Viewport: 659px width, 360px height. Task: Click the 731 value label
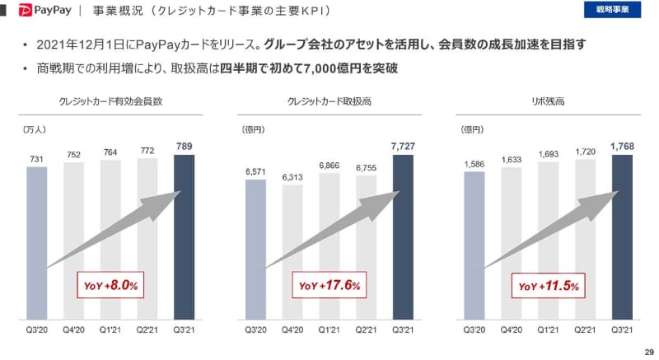point(36,159)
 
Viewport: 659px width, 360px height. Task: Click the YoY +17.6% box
point(327,285)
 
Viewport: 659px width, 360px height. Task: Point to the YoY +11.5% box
point(548,285)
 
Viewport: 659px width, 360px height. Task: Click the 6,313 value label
point(292,177)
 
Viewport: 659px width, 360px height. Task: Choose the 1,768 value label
point(622,147)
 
